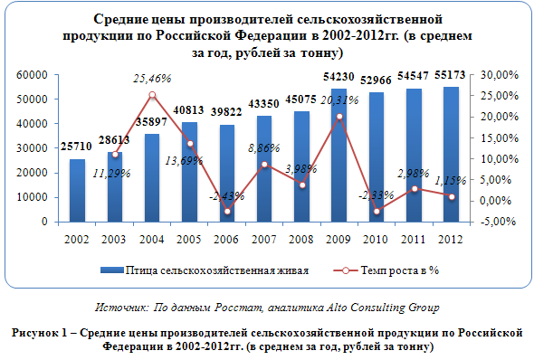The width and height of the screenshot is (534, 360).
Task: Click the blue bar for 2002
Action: coord(77,191)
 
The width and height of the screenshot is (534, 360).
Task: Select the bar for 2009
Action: coord(339,156)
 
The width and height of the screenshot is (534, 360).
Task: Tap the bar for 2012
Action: coord(451,155)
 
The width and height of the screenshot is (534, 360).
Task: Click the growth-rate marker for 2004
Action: coord(153,95)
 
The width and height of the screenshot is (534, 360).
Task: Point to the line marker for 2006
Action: coord(227,212)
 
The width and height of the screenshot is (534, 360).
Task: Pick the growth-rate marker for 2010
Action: coord(377,212)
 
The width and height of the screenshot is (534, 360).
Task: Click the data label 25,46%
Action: coord(152,79)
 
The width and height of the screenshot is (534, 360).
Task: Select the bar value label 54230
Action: coord(339,77)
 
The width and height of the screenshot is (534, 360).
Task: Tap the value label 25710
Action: coord(76,147)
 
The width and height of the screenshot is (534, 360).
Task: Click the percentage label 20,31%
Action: coord(339,100)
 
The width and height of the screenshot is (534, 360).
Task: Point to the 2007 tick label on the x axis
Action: coord(263,240)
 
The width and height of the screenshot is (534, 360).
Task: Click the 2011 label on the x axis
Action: coord(413,240)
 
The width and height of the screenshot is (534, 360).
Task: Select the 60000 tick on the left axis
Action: coord(32,75)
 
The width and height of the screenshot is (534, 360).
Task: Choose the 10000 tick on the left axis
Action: coord(32,197)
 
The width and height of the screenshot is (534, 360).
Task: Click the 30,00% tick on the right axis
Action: coord(500,75)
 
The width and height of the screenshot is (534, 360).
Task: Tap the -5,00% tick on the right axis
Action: coord(498,222)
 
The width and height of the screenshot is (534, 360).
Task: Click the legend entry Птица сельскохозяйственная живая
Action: coord(205,270)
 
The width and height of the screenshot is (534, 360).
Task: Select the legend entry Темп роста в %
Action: coord(386,270)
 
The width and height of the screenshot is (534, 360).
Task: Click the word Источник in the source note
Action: coord(121,308)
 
